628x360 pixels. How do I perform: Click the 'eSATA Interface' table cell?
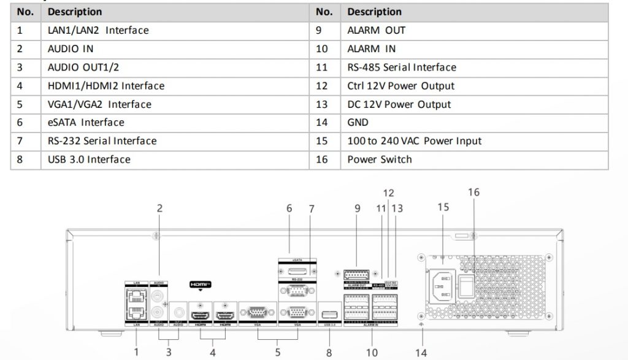click(86, 123)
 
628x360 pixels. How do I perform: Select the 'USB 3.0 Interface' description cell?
click(89, 159)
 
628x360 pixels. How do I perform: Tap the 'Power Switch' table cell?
click(380, 159)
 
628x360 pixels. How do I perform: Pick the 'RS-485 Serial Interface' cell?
click(402, 67)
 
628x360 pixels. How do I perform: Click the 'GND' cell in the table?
click(358, 123)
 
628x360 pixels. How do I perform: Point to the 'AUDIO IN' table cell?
click(71, 49)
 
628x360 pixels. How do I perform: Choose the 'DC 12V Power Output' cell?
click(399, 104)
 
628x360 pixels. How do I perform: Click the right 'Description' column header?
click(374, 12)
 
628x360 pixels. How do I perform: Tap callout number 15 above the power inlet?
click(443, 207)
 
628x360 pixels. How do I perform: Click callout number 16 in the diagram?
click(473, 193)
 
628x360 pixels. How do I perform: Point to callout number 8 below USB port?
click(329, 353)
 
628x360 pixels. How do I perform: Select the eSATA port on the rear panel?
click(297, 270)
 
